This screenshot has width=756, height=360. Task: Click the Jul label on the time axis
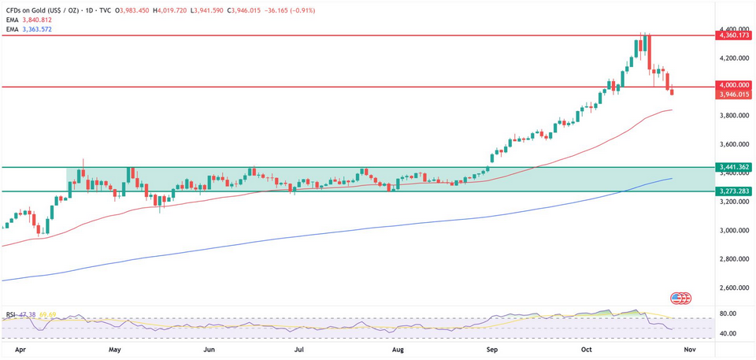[299, 347]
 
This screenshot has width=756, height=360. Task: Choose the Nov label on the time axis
[689, 347]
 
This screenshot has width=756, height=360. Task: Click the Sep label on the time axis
[492, 347]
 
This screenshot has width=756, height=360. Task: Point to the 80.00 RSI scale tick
[728, 314]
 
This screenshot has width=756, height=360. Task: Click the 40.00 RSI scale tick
[728, 334]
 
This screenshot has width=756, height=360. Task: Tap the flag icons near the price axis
[680, 298]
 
